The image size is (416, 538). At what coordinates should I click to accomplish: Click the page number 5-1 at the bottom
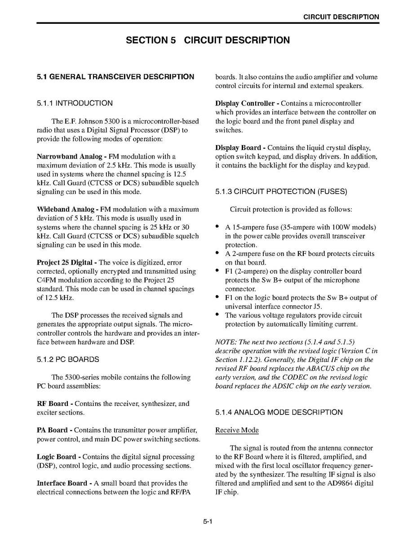pyautogui.click(x=207, y=521)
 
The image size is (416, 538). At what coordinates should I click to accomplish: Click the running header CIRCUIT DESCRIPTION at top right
pyautogui.click(x=341, y=17)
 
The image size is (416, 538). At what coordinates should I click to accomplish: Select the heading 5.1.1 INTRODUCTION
pyautogui.click(x=75, y=103)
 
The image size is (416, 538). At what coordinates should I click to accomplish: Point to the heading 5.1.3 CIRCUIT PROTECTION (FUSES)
pyautogui.click(x=281, y=192)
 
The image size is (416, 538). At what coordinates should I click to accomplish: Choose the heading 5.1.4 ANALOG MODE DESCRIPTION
pyautogui.click(x=279, y=412)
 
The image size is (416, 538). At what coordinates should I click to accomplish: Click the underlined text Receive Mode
pyautogui.click(x=237, y=430)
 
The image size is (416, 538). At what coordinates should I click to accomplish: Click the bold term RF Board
pyautogui.click(x=52, y=404)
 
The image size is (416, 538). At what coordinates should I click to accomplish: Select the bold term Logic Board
pyautogui.click(x=56, y=457)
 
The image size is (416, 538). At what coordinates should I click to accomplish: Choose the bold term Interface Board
pyautogui.click(x=62, y=483)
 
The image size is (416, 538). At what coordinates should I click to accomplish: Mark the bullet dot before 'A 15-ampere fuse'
pyautogui.click(x=218, y=226)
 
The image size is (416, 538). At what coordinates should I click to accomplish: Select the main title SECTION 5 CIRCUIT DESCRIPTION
pyautogui.click(x=208, y=40)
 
